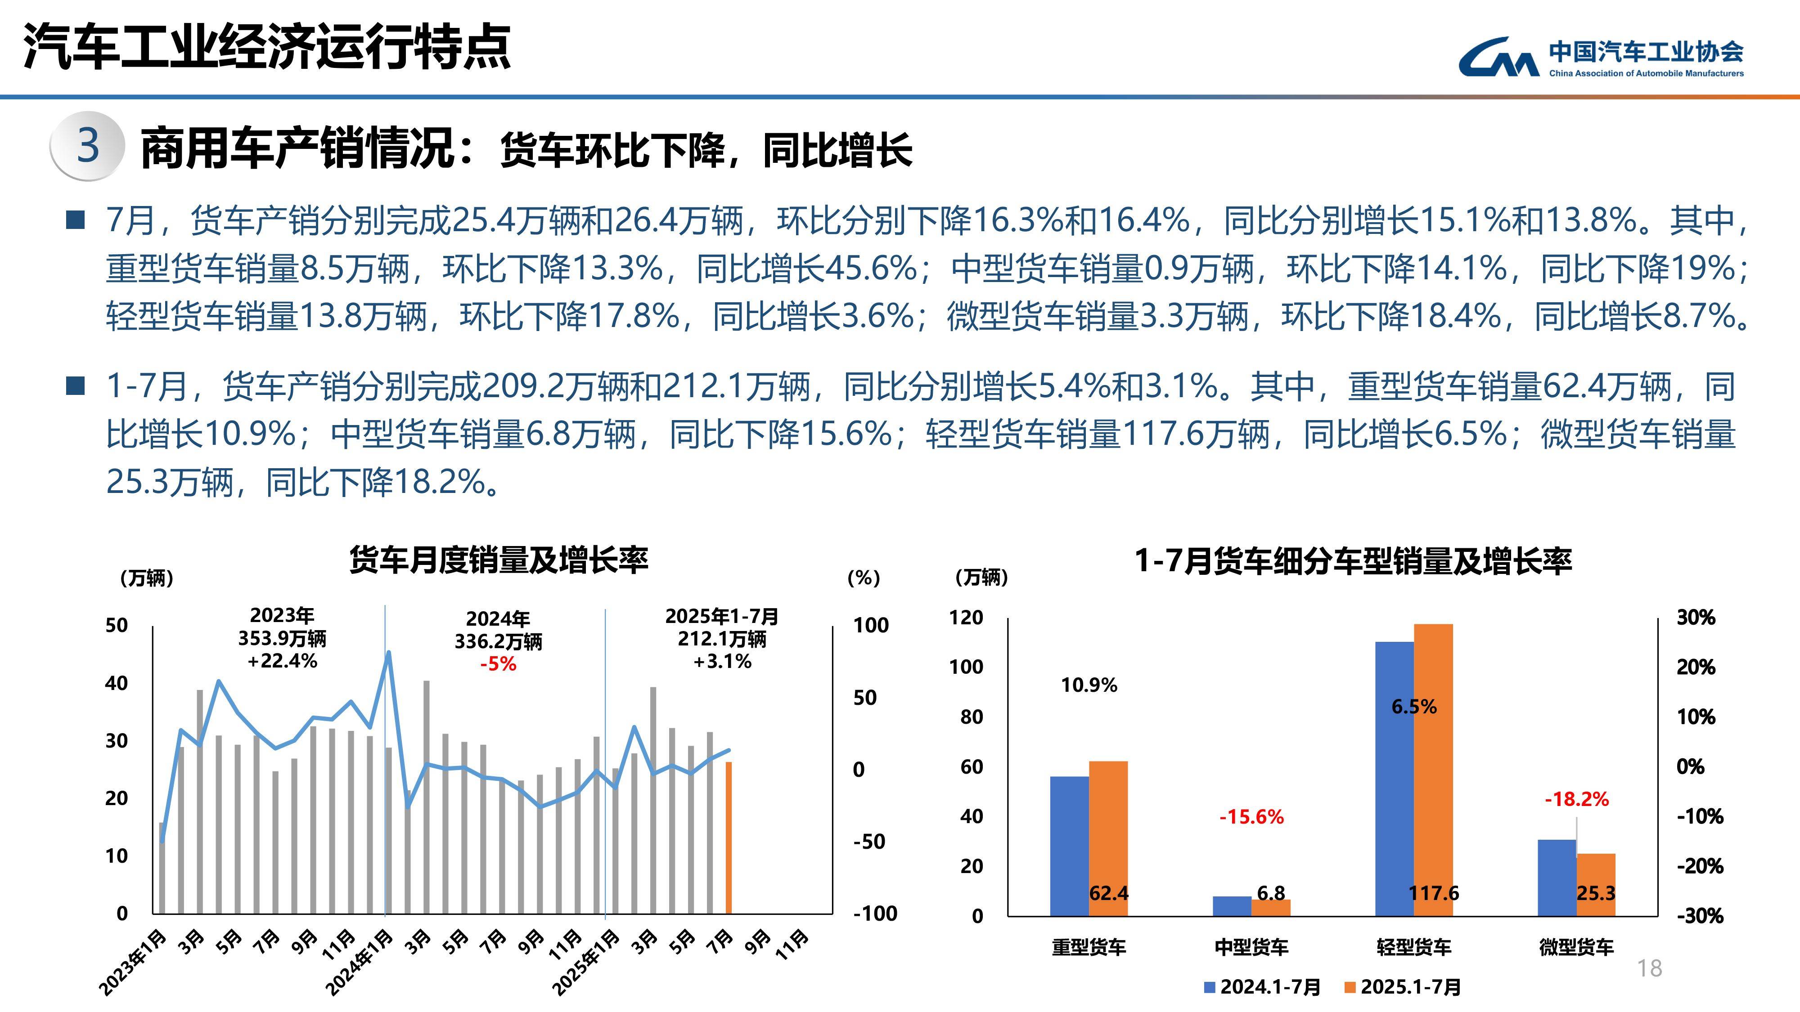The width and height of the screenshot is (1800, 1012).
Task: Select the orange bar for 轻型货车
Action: click(x=1433, y=768)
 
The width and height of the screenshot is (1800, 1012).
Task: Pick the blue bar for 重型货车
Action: click(x=1069, y=845)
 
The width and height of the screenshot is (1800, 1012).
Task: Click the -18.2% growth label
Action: click(x=1576, y=799)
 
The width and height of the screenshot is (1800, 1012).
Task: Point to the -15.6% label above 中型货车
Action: click(x=1251, y=816)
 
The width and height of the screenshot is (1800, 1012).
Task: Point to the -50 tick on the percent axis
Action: click(x=869, y=842)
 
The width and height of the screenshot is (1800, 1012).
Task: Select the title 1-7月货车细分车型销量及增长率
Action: click(x=1353, y=561)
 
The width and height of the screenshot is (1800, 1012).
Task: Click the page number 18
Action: click(x=1650, y=968)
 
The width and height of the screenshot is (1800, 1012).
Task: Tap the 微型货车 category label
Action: click(x=1576, y=947)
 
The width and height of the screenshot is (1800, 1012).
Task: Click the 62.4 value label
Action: click(x=1109, y=893)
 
